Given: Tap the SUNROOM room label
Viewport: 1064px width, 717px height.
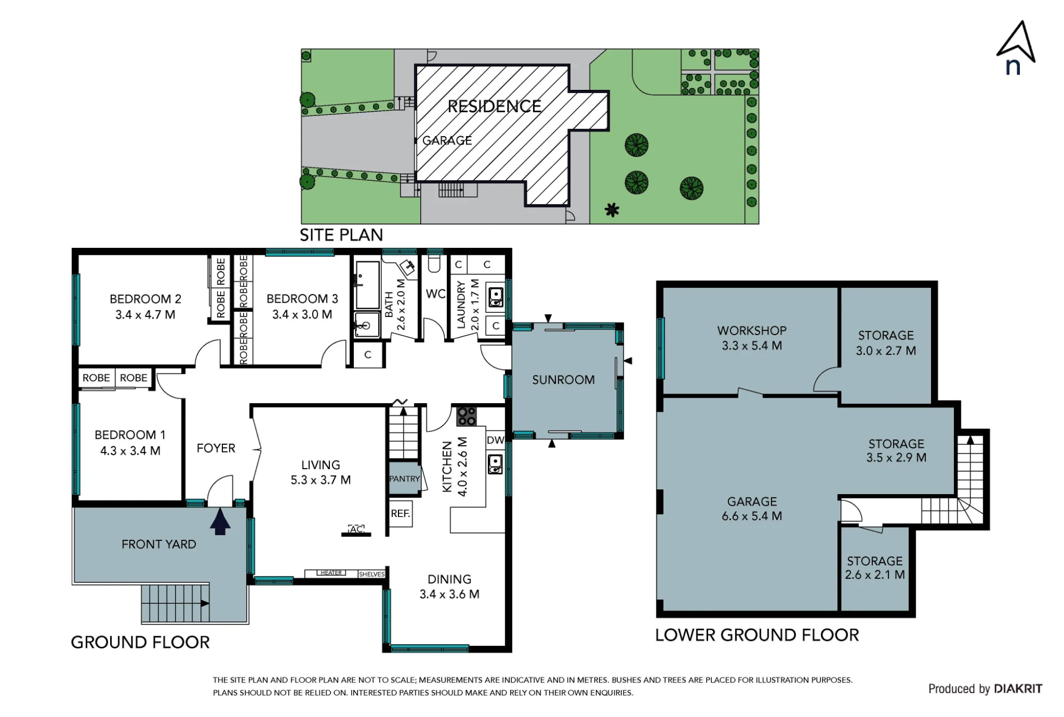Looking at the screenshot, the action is tap(563, 380).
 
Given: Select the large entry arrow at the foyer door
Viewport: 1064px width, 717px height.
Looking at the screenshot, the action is tap(220, 521).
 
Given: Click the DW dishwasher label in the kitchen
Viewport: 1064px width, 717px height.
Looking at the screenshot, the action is tap(495, 440).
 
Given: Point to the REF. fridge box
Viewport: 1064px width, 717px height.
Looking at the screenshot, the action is tap(401, 513).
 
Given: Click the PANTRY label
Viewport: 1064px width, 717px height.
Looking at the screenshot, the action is tap(404, 479).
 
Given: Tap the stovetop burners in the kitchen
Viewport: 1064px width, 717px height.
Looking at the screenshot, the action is tap(467, 416).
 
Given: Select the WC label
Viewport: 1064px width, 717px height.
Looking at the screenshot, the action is tap(436, 294).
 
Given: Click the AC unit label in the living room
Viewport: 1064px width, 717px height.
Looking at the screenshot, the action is tap(356, 529).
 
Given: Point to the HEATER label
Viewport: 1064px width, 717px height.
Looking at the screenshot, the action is tap(331, 573).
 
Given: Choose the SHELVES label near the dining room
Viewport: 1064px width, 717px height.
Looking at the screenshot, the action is tap(371, 574).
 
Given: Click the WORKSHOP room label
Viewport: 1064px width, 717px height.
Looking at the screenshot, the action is tap(752, 330).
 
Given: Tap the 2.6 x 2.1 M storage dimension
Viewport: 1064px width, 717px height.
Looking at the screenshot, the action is tap(875, 575).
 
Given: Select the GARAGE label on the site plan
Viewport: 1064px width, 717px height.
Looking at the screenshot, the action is tap(447, 140).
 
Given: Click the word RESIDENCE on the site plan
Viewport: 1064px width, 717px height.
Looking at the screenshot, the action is tap(494, 106).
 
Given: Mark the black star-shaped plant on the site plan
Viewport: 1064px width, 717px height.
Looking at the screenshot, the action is tap(612, 210).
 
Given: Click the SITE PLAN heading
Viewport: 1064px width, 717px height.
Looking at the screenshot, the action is tap(341, 235).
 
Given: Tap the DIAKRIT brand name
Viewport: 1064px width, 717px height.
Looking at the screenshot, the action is tap(1018, 689).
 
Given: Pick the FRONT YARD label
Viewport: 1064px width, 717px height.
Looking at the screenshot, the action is tap(159, 544).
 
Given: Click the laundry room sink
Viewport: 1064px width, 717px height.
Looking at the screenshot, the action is tap(496, 297).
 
